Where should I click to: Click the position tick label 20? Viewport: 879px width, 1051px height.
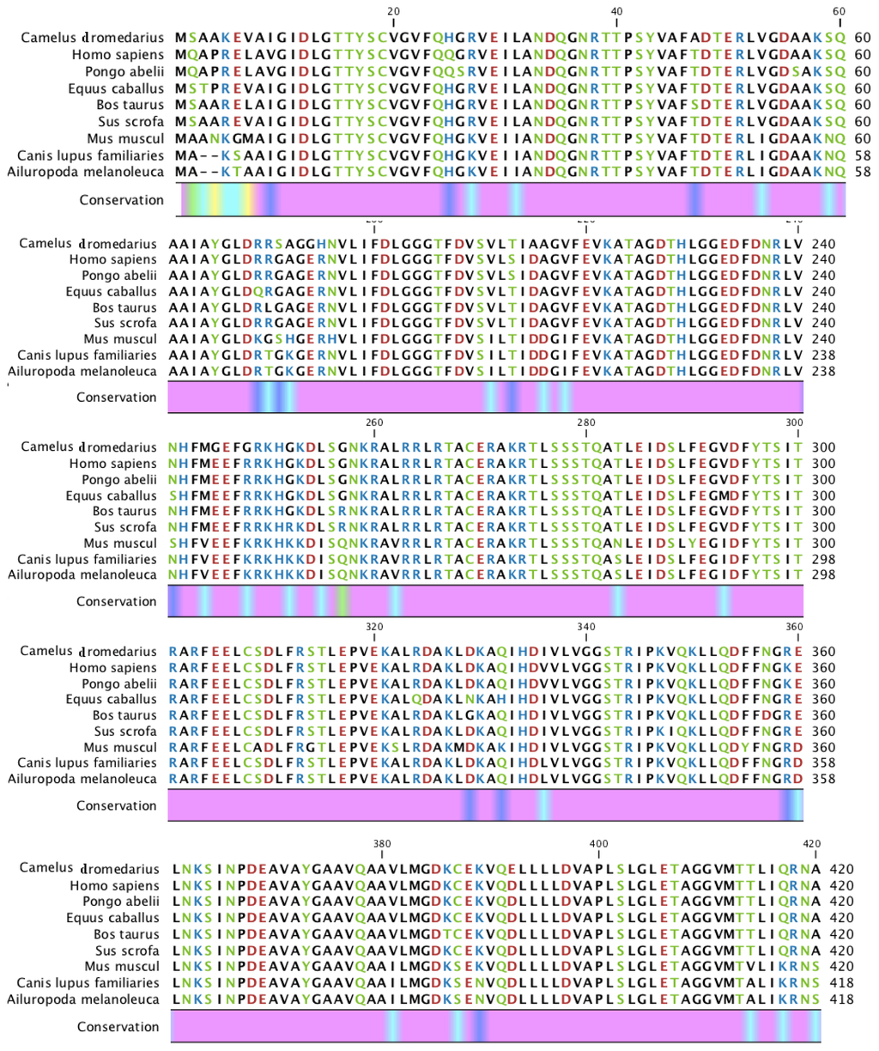[394, 11]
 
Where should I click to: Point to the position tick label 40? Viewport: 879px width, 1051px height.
[616, 11]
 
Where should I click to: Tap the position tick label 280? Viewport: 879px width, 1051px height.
[585, 422]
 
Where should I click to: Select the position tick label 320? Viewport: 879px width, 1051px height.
[374, 627]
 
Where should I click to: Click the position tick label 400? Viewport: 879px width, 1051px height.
[599, 844]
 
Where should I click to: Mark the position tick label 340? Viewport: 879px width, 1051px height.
[585, 627]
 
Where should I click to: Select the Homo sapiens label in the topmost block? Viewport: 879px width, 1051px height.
[118, 55]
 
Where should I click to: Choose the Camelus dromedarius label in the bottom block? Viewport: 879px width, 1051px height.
[91, 869]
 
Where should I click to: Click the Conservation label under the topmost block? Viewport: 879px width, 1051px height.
[121, 200]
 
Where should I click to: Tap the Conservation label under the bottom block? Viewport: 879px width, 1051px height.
[118, 1027]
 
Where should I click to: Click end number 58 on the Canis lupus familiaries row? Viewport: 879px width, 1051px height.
[863, 155]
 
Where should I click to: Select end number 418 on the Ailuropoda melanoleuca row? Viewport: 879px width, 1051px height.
[842, 999]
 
